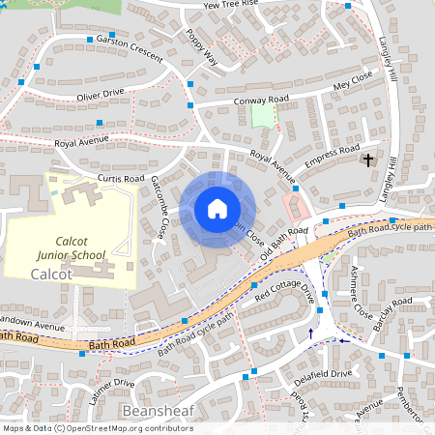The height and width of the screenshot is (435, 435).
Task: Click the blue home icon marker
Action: (217, 209)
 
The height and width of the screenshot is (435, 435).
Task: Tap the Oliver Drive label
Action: (101, 95)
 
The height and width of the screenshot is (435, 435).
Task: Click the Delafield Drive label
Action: (324, 374)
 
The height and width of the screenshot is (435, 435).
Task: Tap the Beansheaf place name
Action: (159, 412)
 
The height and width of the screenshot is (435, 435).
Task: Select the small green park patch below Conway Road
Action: (262, 116)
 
